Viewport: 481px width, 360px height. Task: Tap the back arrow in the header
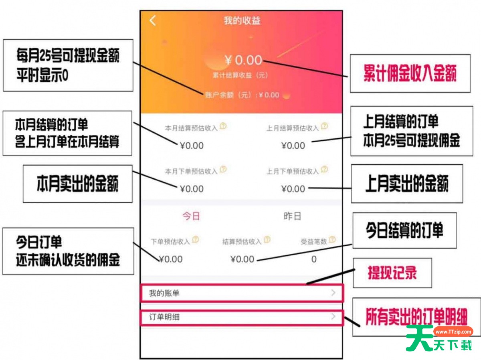pyautogui.click(x=153, y=20)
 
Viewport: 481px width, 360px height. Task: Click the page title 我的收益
pyautogui.click(x=242, y=21)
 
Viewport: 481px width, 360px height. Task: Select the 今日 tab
pyautogui.click(x=191, y=216)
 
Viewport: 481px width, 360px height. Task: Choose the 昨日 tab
pyautogui.click(x=292, y=216)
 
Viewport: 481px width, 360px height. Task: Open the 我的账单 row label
pyautogui.click(x=164, y=293)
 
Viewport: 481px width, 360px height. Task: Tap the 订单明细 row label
pyautogui.click(x=164, y=317)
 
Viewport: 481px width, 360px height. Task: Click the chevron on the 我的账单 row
pyautogui.click(x=333, y=293)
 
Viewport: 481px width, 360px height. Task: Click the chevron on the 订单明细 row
pyautogui.click(x=333, y=316)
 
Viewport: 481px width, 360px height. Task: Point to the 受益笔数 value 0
pyautogui.click(x=314, y=259)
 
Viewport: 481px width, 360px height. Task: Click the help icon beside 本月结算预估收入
pyautogui.click(x=223, y=126)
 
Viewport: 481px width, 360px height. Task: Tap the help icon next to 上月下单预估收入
pyautogui.click(x=325, y=169)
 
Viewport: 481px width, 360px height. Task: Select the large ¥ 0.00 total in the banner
pyautogui.click(x=243, y=60)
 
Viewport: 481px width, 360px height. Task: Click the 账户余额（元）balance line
pyautogui.click(x=242, y=95)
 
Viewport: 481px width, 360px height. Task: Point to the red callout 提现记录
pyautogui.click(x=392, y=273)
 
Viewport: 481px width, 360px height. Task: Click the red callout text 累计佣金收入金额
pyautogui.click(x=410, y=73)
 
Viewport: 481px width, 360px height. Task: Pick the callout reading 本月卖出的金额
pyautogui.click(x=78, y=184)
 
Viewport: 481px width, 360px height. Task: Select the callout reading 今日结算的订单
pyautogui.click(x=404, y=230)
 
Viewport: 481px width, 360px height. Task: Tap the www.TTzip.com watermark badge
pyautogui.click(x=453, y=332)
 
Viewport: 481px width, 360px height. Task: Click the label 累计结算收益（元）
pyautogui.click(x=240, y=75)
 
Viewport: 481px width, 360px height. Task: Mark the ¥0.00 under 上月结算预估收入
pyautogui.click(x=293, y=146)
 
